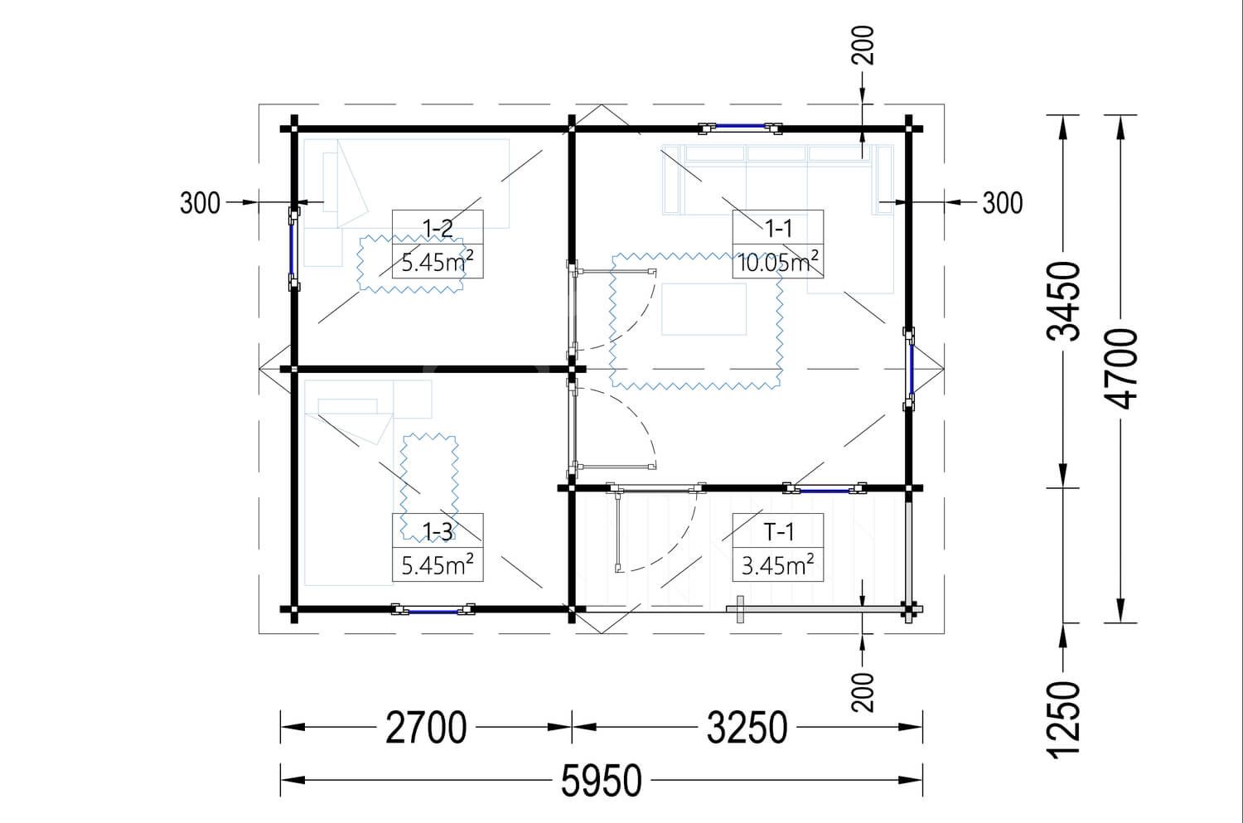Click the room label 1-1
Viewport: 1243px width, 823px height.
778,228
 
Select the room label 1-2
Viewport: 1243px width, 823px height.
438,228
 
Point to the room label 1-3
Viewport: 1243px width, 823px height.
438,531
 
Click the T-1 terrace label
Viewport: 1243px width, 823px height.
779,531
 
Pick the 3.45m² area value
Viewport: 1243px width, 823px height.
778,565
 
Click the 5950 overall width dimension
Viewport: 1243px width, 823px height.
602,780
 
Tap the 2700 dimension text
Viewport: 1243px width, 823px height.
426,728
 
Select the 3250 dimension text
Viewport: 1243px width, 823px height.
747,728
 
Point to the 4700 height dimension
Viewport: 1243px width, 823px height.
1121,369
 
